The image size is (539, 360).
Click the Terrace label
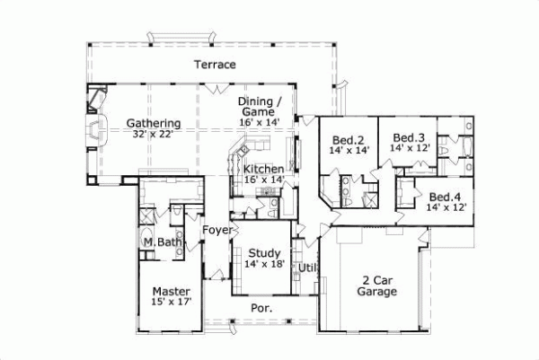point(215,65)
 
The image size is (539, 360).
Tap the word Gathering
point(154,123)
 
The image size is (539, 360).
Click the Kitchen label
point(264,169)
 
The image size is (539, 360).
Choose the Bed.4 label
point(446,197)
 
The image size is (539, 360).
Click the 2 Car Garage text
point(377,285)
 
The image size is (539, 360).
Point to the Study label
point(265,253)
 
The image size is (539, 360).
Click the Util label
point(307,267)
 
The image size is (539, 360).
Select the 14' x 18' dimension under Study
point(265,265)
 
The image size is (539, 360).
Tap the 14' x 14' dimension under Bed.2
point(347,151)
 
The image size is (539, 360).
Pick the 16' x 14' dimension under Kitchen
point(264,180)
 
